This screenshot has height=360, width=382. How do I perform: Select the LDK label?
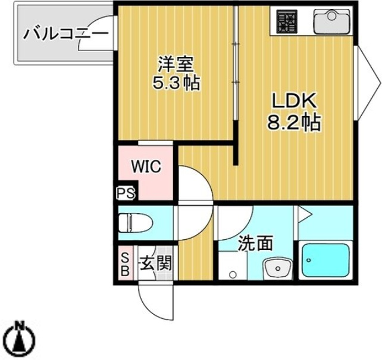click(294, 102)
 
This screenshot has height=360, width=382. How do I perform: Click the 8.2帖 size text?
click(293, 124)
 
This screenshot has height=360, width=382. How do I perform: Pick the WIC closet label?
click(141, 167)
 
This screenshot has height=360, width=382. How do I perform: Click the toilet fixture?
click(130, 222)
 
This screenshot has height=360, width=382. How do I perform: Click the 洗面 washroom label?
click(256, 243)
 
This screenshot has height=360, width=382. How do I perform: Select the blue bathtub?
click(326, 263)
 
